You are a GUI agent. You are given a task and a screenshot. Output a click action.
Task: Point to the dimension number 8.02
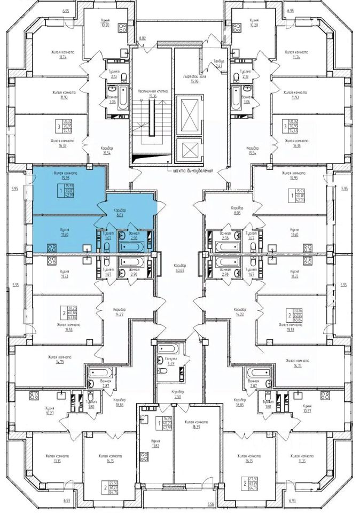pyautogui.click(x=142, y=38)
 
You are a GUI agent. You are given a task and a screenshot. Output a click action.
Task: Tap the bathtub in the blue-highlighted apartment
pyautogui.click(x=135, y=246)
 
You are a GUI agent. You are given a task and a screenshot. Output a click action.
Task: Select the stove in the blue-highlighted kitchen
pyautogui.click(x=53, y=247)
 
